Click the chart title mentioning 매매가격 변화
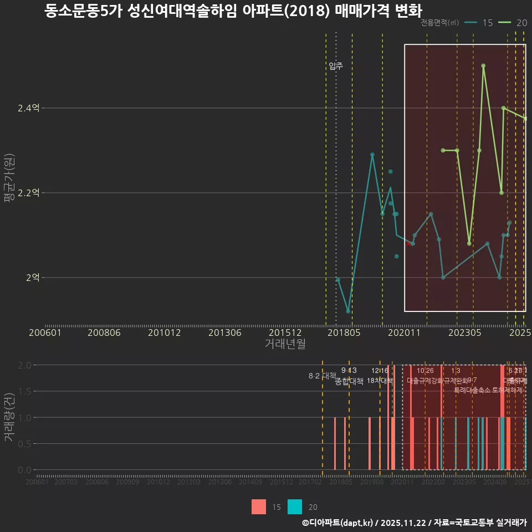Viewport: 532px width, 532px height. tap(233, 11)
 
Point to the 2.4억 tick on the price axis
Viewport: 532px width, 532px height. tap(28, 108)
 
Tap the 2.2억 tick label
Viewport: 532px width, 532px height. tap(28, 193)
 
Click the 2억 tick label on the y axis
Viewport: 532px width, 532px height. tap(33, 278)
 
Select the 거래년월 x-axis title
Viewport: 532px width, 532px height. tap(285, 344)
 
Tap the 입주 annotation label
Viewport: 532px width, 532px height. tap(336, 66)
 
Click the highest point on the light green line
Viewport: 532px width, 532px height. tap(483, 65)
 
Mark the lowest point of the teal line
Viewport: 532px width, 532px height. tap(348, 311)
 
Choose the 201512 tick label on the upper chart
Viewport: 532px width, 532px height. tap(285, 332)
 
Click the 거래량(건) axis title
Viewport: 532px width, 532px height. tap(9, 417)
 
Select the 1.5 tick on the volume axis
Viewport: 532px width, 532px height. tap(24, 391)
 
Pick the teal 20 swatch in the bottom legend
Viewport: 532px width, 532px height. tap(295, 507)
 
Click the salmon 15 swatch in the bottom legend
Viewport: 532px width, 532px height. tap(259, 507)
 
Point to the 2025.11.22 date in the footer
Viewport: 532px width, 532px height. tap(403, 523)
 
